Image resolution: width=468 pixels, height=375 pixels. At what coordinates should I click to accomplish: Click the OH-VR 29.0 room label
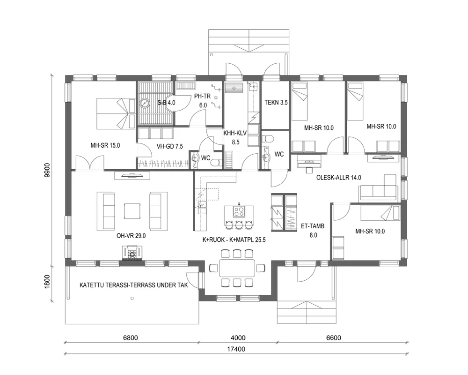(x=131, y=236)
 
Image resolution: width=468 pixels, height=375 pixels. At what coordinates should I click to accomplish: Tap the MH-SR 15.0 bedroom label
(x=105, y=145)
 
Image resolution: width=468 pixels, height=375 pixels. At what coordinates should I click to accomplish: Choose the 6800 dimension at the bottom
(x=131, y=337)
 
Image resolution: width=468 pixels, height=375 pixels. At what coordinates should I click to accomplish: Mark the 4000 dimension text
(x=238, y=337)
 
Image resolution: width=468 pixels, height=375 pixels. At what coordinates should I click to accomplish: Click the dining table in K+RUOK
(x=236, y=268)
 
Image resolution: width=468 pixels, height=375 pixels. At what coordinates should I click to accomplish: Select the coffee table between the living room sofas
(x=132, y=210)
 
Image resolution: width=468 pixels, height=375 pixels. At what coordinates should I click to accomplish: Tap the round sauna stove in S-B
(x=145, y=103)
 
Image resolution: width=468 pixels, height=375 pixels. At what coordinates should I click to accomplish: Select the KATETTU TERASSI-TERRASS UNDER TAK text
(x=133, y=285)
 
